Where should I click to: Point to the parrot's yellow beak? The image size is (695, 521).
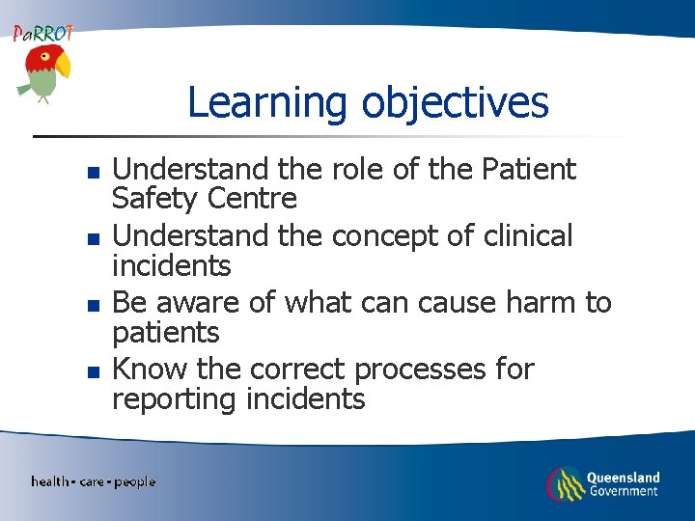click(63, 66)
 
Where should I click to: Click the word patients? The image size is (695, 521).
click(166, 333)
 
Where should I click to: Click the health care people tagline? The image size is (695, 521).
click(93, 481)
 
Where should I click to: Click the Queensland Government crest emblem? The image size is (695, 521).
click(565, 482)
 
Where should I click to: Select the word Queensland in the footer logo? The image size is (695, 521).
click(623, 477)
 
